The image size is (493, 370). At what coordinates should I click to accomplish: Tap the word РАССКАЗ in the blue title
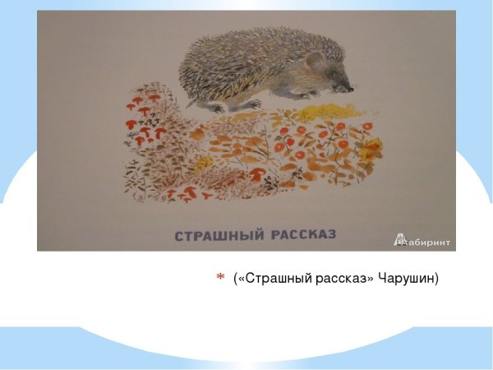[x=302, y=235]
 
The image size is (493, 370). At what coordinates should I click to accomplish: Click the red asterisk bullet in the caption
[x=220, y=279]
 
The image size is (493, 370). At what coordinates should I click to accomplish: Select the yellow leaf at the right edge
[x=375, y=148]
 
